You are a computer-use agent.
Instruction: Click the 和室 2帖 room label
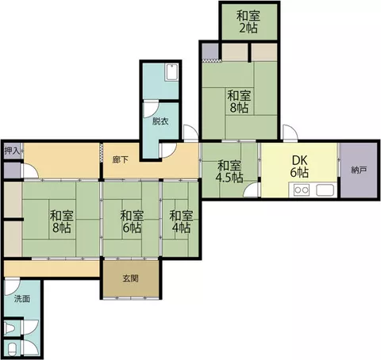click(248, 21)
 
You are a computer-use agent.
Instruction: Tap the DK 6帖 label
click(299, 167)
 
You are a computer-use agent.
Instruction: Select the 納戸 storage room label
click(359, 170)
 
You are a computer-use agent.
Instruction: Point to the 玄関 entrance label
click(130, 278)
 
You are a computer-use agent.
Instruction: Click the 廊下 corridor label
click(121, 159)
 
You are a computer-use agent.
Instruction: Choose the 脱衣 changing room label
click(160, 121)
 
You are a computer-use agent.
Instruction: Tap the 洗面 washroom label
click(22, 299)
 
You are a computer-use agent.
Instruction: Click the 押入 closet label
click(12, 151)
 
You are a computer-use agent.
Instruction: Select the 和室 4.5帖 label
click(229, 172)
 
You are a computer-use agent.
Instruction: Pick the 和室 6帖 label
click(132, 221)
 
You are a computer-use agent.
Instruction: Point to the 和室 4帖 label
click(181, 221)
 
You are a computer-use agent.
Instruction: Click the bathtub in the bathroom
click(171, 72)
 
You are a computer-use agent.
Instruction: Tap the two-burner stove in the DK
click(302, 190)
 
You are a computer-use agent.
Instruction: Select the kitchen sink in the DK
click(325, 190)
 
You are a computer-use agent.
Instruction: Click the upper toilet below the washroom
click(10, 328)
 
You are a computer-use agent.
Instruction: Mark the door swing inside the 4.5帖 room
click(251, 190)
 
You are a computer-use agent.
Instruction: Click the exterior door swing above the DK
click(291, 132)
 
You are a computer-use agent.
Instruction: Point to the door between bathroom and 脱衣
click(151, 109)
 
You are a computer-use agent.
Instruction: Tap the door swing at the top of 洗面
click(12, 287)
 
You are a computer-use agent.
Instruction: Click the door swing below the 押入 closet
click(30, 171)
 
